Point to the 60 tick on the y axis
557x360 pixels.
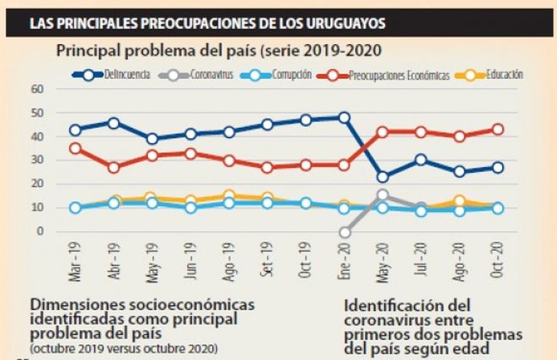coord(36,89)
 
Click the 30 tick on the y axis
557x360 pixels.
coord(36,160)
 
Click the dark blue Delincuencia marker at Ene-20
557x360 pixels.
coord(344,118)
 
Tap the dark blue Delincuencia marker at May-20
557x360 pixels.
coord(383,177)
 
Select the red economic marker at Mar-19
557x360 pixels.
coord(75,148)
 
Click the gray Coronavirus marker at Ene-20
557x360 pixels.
coord(344,231)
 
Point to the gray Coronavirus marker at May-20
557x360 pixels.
coord(383,195)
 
